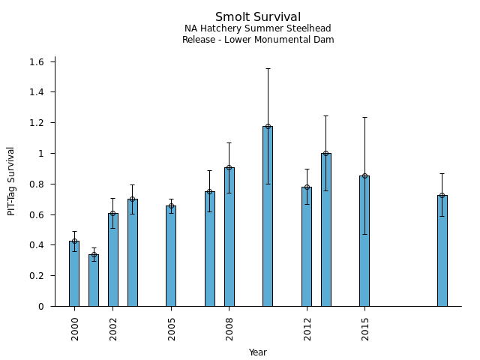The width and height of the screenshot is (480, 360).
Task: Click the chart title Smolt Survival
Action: [x=258, y=17]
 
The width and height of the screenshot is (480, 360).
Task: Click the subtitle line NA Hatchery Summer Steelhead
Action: [x=258, y=28]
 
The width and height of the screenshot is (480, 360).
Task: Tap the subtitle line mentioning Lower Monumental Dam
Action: [x=258, y=40]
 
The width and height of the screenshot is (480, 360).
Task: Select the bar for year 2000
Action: [x=74, y=274]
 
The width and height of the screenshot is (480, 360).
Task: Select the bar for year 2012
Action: [x=307, y=247]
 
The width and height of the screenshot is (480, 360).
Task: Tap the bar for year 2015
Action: [x=364, y=241]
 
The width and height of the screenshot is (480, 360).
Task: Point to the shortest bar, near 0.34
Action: [x=94, y=280]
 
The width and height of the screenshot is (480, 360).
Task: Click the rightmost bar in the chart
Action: [x=442, y=250]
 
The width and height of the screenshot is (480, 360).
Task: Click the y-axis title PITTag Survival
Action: [x=11, y=181]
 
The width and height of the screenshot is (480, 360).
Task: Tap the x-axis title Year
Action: [x=258, y=352]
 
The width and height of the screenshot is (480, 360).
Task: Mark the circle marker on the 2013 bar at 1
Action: [x=325, y=153]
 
